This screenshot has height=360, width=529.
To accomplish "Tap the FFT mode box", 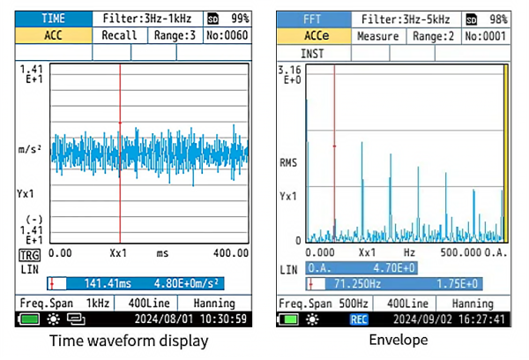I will [x=313, y=19].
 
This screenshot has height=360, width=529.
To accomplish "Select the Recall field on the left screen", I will [x=120, y=35].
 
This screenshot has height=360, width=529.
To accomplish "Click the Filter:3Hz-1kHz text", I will [x=145, y=18].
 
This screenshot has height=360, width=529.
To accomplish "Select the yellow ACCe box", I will [x=313, y=36].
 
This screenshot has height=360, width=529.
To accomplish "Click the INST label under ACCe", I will [x=312, y=53].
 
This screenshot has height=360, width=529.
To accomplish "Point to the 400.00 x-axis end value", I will [x=230, y=252].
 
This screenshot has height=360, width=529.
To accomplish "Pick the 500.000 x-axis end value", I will [x=463, y=251].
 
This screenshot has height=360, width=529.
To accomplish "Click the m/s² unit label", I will [x=32, y=150].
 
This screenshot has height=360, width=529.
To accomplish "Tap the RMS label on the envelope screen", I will [x=289, y=162].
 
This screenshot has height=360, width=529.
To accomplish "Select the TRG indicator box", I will [x=29, y=254].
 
